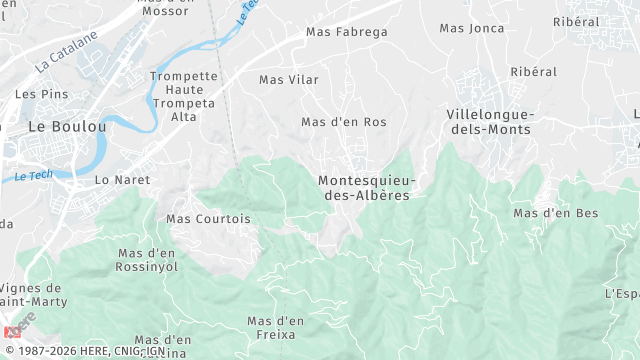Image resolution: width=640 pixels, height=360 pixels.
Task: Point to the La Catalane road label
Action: (68, 52)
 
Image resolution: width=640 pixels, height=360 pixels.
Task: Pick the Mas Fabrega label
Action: (346, 32)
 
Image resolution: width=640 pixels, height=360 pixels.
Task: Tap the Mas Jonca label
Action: (472, 28)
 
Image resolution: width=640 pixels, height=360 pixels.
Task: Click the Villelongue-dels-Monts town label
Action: (491, 122)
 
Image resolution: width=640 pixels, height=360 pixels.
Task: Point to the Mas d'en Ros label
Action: (344, 122)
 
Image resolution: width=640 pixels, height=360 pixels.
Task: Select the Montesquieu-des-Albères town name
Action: (367, 188)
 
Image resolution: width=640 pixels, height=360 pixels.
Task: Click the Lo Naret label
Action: (122, 180)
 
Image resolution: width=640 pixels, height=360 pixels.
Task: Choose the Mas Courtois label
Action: (208, 218)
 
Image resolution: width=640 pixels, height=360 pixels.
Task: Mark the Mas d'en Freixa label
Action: (275, 327)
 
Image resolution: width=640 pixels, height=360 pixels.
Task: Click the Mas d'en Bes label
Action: (555, 213)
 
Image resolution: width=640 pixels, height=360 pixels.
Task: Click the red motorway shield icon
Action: (11, 331)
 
